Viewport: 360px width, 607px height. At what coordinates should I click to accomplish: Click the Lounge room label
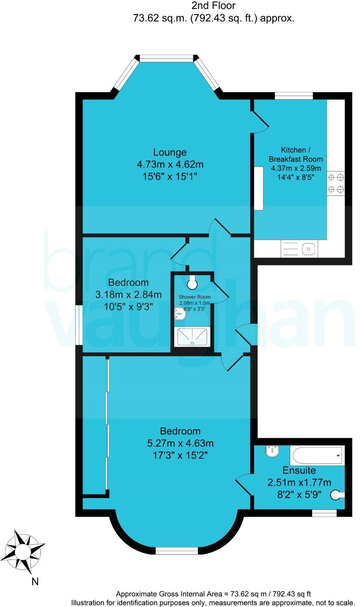pyautogui.click(x=170, y=152)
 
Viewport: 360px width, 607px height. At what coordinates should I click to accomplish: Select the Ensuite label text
pyautogui.click(x=299, y=470)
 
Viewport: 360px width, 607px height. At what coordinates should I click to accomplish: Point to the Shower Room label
pyautogui.click(x=194, y=297)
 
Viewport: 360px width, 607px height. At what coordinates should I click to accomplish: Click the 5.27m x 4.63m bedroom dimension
pyautogui.click(x=180, y=443)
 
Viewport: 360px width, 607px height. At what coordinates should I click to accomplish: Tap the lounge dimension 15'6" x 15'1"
pyautogui.click(x=170, y=176)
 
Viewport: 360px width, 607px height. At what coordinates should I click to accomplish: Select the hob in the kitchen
pyautogui.click(x=336, y=183)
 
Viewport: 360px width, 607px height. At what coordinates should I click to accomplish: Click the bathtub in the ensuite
pyautogui.click(x=317, y=455)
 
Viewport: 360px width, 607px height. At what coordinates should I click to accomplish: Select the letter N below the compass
pyautogui.click(x=35, y=582)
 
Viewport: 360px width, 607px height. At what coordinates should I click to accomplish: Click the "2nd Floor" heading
pyautogui.click(x=214, y=6)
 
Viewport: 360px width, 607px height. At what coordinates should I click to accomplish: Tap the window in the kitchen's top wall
pyautogui.click(x=294, y=96)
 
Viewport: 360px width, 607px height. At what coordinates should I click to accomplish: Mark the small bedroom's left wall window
pyautogui.click(x=79, y=324)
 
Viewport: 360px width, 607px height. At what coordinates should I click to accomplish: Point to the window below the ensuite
pyautogui.click(x=324, y=512)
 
